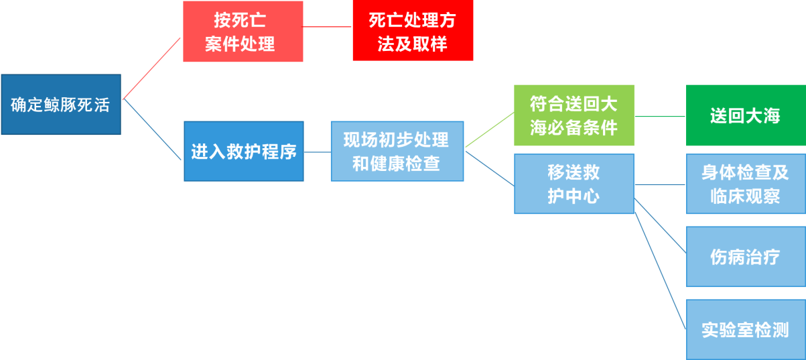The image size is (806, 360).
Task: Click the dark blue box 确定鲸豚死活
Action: click(x=61, y=105)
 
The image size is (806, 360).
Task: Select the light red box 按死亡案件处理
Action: click(x=243, y=32)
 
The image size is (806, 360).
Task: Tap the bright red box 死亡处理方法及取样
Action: click(x=413, y=30)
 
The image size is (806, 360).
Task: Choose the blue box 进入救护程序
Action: click(x=244, y=152)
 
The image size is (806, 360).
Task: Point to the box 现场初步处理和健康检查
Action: click(x=397, y=152)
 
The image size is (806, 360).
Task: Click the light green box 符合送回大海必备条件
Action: click(x=574, y=115)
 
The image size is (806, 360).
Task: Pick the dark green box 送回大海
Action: click(x=746, y=115)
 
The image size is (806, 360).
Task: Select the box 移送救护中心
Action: click(x=574, y=184)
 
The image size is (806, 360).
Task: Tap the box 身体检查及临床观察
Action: click(x=746, y=184)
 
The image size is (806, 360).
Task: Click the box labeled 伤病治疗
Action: click(x=746, y=256)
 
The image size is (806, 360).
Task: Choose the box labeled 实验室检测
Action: click(x=746, y=329)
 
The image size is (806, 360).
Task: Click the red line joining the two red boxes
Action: click(x=326, y=27)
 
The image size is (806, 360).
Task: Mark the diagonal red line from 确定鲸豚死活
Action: click(x=151, y=68)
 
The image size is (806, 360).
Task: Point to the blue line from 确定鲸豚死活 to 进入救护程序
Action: click(x=152, y=129)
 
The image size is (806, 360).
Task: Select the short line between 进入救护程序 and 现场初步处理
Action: click(x=318, y=152)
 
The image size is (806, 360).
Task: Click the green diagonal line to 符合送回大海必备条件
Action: click(x=490, y=129)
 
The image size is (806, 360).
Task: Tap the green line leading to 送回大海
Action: click(x=660, y=116)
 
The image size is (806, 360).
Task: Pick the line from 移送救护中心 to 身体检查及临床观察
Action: click(x=660, y=184)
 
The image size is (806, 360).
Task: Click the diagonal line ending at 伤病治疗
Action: click(x=660, y=225)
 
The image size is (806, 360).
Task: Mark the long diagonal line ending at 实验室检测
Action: click(x=660, y=271)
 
